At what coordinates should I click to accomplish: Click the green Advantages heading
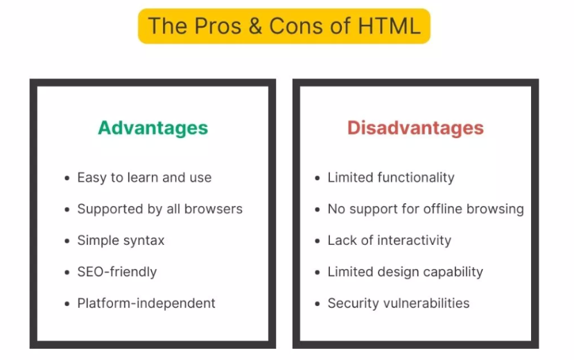tap(153, 128)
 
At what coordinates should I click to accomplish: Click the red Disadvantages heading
tap(415, 128)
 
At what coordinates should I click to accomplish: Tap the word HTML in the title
tap(390, 26)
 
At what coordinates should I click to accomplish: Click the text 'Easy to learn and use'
tap(144, 178)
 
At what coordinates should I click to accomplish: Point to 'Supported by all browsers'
tap(159, 209)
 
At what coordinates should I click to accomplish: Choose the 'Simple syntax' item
tap(121, 241)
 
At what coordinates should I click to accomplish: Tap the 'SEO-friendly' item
tap(116, 272)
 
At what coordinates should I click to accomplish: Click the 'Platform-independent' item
tap(146, 303)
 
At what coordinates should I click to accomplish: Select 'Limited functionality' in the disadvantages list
tap(391, 178)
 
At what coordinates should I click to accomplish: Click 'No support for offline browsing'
tap(426, 209)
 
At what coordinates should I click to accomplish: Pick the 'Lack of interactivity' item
tap(389, 241)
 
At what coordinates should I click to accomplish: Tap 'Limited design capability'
tap(405, 272)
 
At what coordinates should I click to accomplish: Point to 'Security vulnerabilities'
tap(398, 303)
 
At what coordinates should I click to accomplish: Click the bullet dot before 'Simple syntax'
tap(67, 241)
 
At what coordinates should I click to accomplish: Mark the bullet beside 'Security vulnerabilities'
tap(318, 304)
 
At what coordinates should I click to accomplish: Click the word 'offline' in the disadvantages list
tap(448, 209)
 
